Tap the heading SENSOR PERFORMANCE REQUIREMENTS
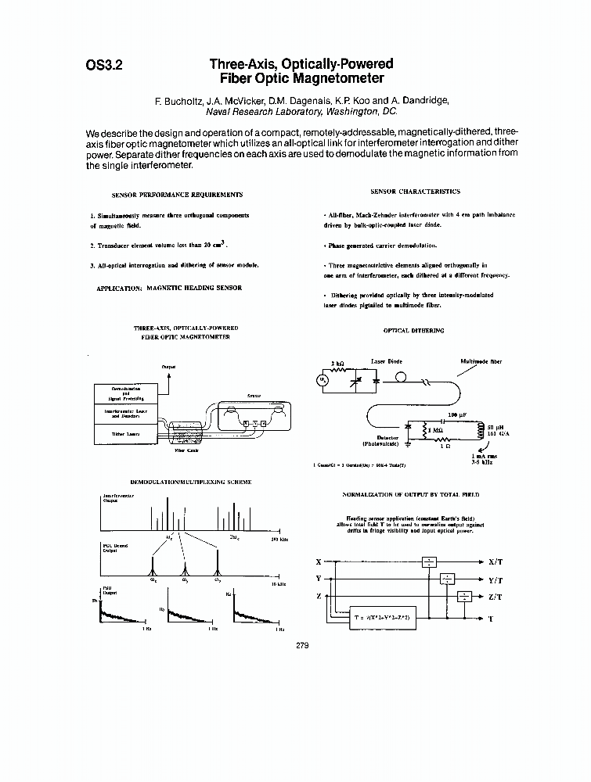[177, 194]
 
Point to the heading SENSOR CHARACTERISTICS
[415, 191]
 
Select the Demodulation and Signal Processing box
[125, 393]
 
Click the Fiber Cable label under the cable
[185, 451]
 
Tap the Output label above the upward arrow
[168, 367]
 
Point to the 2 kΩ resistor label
[337, 364]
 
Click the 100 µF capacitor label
[457, 414]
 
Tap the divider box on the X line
[429, 561]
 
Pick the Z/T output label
[495, 597]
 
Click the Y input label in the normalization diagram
[318, 579]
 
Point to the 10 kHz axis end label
[277, 583]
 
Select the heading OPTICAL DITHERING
[413, 331]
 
